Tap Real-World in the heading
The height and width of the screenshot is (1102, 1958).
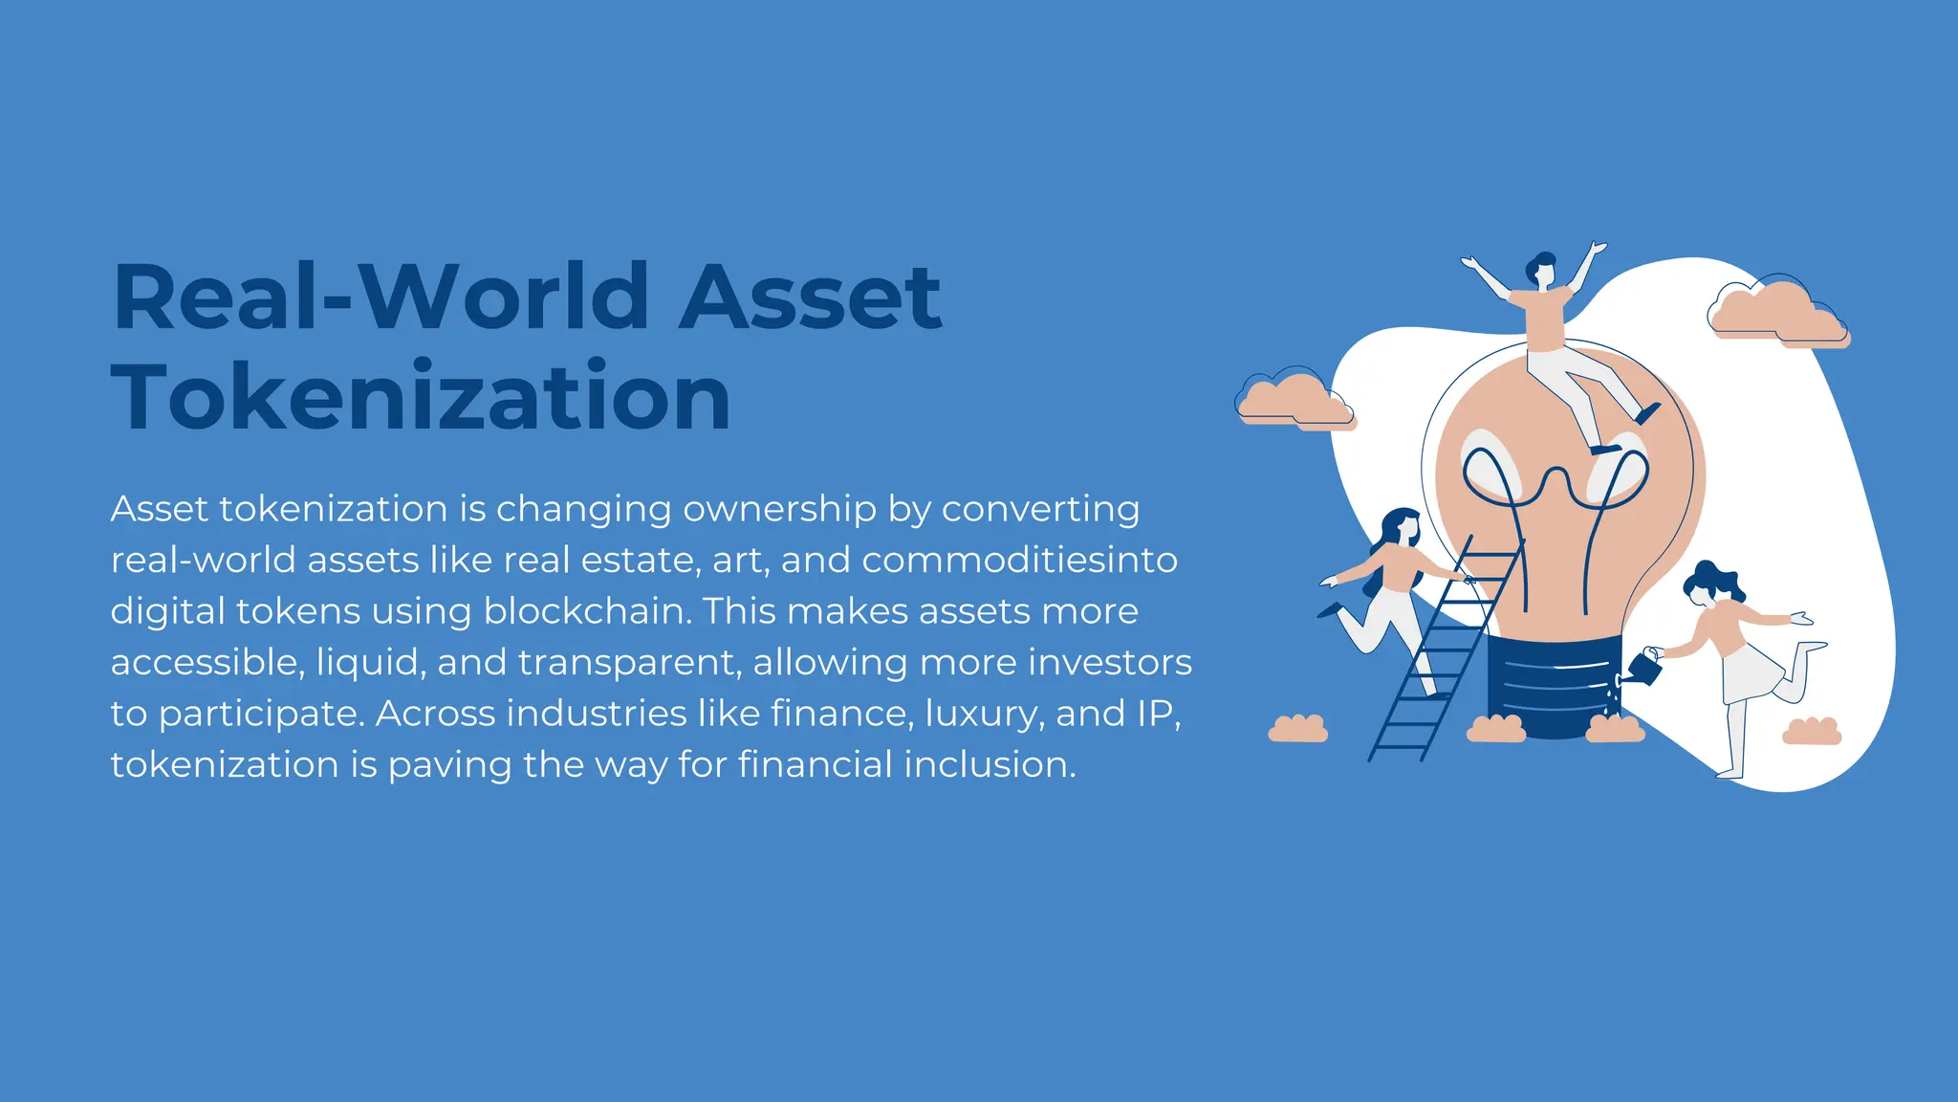point(382,297)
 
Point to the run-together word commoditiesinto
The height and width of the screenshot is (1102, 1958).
point(1019,561)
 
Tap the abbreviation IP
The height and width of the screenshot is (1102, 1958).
point(1158,714)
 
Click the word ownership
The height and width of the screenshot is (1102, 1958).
point(779,510)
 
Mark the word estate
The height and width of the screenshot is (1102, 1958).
point(637,561)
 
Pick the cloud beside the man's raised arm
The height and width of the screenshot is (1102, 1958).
point(1778,310)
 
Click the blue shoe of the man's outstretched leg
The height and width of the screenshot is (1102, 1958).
point(1647,413)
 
